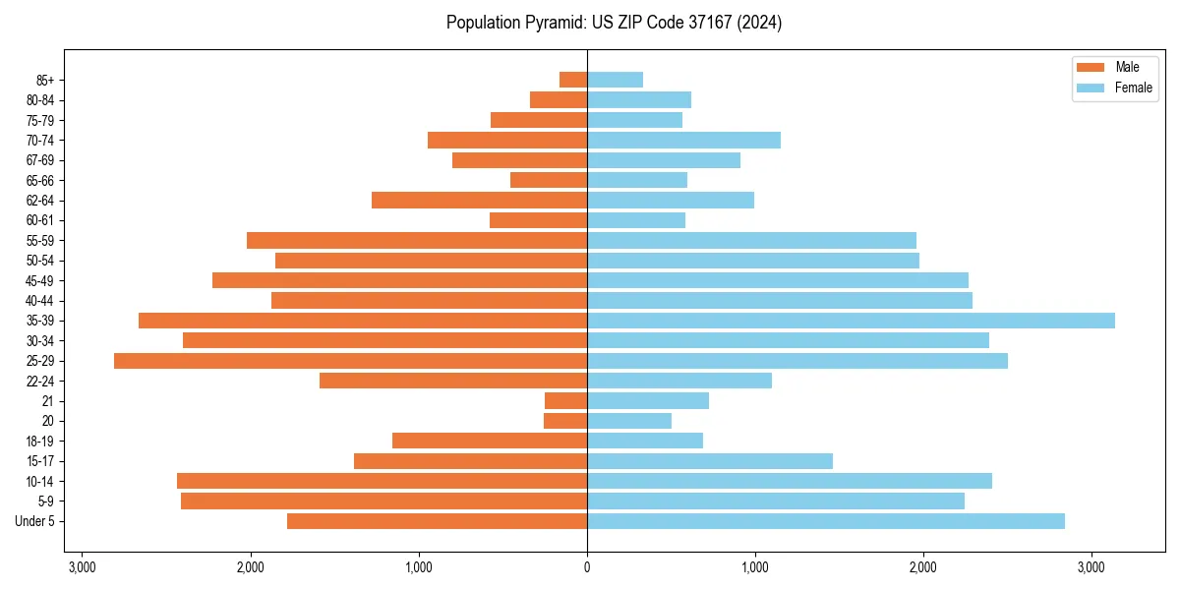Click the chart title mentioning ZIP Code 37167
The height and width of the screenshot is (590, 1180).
[x=614, y=23]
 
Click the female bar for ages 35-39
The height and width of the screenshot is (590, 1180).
[x=851, y=321]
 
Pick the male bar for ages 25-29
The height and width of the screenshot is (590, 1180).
[x=350, y=361]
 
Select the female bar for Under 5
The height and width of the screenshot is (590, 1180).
[x=826, y=521]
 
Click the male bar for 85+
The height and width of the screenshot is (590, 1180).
[x=573, y=80]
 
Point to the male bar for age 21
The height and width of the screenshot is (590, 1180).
[x=565, y=401]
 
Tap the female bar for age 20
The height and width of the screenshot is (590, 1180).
[x=629, y=421]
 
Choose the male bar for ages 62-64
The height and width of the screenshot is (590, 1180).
[x=479, y=201]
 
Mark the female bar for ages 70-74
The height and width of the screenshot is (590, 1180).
[x=683, y=141]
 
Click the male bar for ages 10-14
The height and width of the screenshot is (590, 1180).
[x=382, y=481]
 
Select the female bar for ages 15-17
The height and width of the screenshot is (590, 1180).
[x=710, y=461]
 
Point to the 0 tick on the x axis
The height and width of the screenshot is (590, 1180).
[x=587, y=567]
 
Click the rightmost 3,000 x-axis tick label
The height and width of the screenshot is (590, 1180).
[x=1091, y=567]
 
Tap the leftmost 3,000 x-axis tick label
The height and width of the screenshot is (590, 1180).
[x=82, y=567]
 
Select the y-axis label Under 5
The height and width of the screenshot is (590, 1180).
[x=35, y=521]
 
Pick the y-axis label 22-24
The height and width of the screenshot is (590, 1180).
[x=41, y=382]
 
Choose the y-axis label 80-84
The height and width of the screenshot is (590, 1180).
[x=41, y=100]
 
